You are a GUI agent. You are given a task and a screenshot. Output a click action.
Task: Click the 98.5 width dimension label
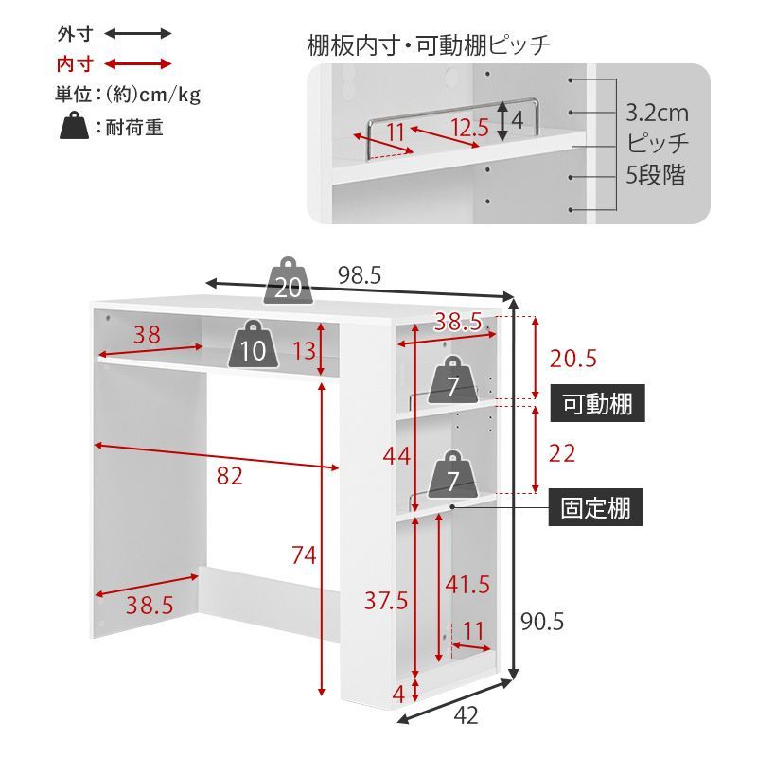pyautogui.click(x=360, y=275)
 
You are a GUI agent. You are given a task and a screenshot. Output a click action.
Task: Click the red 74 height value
pyautogui.click(x=304, y=556)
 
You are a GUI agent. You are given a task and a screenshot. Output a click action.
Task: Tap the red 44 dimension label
pyautogui.click(x=396, y=456)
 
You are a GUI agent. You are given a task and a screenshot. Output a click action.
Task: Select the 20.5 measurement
pyautogui.click(x=573, y=359)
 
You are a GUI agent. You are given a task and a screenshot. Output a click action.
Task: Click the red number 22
pyautogui.click(x=562, y=453)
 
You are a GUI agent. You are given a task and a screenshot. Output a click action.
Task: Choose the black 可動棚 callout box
pyautogui.click(x=597, y=404)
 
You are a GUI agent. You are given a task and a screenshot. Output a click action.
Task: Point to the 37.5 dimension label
pyautogui.click(x=387, y=600)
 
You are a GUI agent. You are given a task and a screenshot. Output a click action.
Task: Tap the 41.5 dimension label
pyautogui.click(x=468, y=585)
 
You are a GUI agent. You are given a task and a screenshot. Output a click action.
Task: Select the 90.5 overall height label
pyautogui.click(x=542, y=622)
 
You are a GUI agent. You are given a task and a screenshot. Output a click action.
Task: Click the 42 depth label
pyautogui.click(x=466, y=717)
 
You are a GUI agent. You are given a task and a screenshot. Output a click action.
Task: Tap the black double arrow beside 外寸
pyautogui.click(x=138, y=34)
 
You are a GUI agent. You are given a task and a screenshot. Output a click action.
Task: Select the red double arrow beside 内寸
pyautogui.click(x=138, y=64)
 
